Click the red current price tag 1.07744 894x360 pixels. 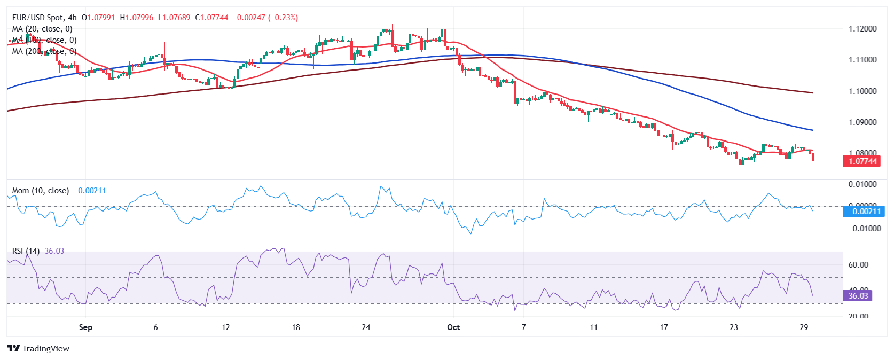pyautogui.click(x=862, y=161)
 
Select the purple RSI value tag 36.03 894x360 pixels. pyautogui.click(x=858, y=296)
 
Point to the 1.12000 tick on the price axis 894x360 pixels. pyautogui.click(x=862, y=29)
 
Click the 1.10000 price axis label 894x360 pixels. pyautogui.click(x=862, y=91)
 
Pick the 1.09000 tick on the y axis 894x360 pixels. pyautogui.click(x=862, y=122)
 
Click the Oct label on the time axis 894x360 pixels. pyautogui.click(x=453, y=327)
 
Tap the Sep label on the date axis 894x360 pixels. pyautogui.click(x=85, y=327)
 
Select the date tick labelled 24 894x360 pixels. pyautogui.click(x=366, y=327)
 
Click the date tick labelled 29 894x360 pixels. pyautogui.click(x=804, y=327)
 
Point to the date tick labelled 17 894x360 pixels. pyautogui.click(x=664, y=327)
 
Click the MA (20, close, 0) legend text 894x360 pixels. pyautogui.click(x=42, y=29)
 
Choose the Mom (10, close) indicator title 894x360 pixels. pyautogui.click(x=41, y=191)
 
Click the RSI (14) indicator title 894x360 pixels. pyautogui.click(x=26, y=251)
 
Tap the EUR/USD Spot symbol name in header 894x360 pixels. pyautogui.click(x=37, y=18)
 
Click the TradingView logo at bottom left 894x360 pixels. pyautogui.click(x=38, y=349)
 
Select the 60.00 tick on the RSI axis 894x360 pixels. pyautogui.click(x=858, y=265)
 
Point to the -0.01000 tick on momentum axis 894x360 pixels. pyautogui.click(x=862, y=229)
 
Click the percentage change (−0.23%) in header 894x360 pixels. pyautogui.click(x=283, y=18)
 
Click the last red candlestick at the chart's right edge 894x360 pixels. pyautogui.click(x=813, y=156)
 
